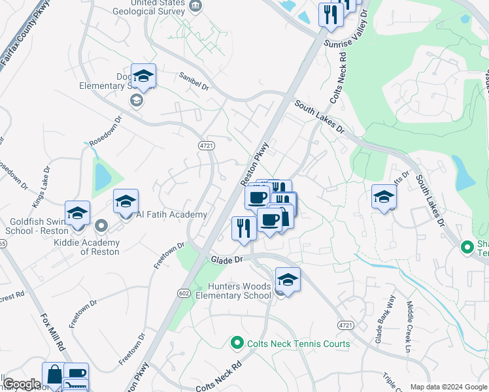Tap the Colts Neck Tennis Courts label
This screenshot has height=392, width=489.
click(x=297, y=344)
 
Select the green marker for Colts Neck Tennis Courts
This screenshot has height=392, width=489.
click(x=237, y=343)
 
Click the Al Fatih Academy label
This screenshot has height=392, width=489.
click(x=171, y=214)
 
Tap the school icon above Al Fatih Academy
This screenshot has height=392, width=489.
click(x=126, y=201)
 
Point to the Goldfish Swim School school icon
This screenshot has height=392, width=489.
click(x=77, y=213)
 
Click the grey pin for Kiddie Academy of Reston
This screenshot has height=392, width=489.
click(x=101, y=226)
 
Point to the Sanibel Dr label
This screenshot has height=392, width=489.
click(x=194, y=82)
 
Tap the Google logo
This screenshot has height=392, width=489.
click(x=22, y=384)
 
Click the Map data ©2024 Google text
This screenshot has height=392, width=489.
click(x=448, y=387)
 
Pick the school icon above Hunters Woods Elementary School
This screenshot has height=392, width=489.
click(x=287, y=279)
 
